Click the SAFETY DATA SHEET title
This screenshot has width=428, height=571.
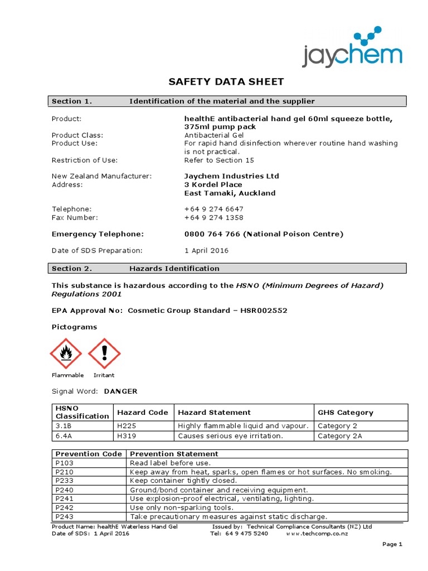coord(226,82)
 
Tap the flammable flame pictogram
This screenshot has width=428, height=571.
coord(66,354)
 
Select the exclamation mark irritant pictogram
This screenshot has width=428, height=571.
coord(104,354)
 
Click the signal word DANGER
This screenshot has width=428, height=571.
coord(120,391)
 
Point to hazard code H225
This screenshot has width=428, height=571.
coord(126,425)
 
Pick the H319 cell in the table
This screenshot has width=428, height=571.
coord(126,435)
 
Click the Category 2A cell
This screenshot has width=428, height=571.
coord(340,435)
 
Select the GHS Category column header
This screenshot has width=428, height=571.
coord(345,413)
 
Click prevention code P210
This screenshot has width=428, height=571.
coord(65,472)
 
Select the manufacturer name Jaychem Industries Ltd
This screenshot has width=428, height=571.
coord(231,176)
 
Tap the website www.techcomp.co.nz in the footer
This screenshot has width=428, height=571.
coord(317,534)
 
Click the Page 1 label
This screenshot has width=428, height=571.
coord(392,544)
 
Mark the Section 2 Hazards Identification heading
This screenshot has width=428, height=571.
coord(174,268)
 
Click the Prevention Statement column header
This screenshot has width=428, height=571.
coord(174,454)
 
